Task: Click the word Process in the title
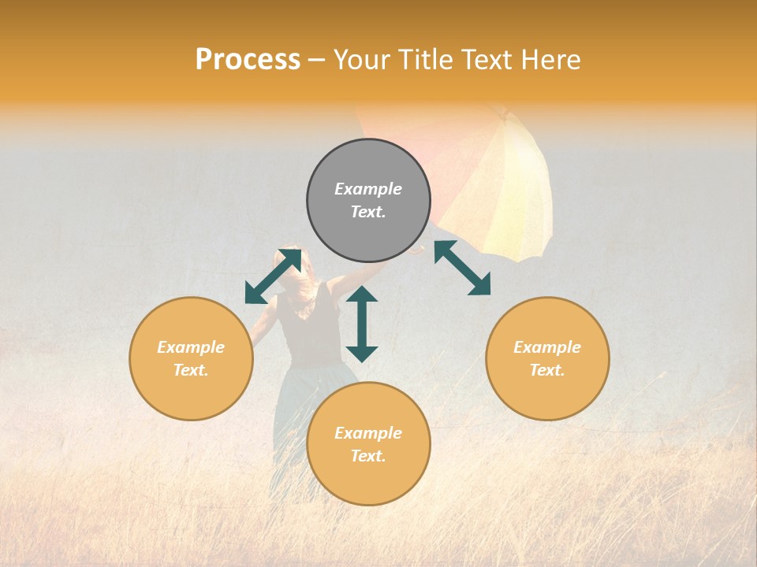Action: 248,60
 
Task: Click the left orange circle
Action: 191,358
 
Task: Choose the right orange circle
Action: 547,358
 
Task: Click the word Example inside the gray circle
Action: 368,189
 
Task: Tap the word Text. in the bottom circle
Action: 368,456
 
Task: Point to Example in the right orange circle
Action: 547,347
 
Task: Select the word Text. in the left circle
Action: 191,370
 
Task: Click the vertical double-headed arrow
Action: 362,324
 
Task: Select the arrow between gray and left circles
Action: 273,276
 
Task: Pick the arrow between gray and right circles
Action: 463,268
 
